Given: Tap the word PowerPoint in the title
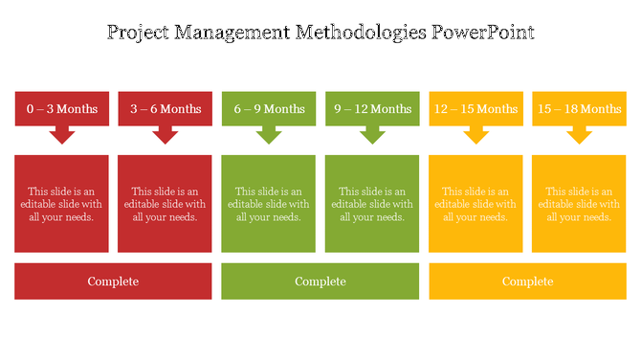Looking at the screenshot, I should tap(482, 31).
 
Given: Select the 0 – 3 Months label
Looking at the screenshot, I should tap(62, 108).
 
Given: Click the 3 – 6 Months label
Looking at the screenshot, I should tap(166, 108).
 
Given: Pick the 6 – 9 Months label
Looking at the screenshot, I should tap(269, 108).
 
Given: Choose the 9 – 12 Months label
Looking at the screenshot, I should tap(372, 108).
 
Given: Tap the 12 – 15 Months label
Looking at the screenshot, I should tap(475, 108).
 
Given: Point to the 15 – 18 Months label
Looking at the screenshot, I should tap(579, 108).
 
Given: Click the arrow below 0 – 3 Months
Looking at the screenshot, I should tap(62, 134).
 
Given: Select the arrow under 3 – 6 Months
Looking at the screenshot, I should tap(166, 134).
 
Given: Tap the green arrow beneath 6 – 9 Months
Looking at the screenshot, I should tap(269, 134).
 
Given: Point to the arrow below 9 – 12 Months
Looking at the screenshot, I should tap(372, 134).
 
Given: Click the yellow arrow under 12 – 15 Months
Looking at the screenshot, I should tap(475, 134).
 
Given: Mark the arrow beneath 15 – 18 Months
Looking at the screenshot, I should tap(579, 134).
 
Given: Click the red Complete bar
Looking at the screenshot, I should tap(113, 281).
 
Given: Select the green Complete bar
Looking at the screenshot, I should tap(320, 281).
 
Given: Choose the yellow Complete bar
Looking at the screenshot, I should tap(527, 281).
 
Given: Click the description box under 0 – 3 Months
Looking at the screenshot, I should tap(62, 204).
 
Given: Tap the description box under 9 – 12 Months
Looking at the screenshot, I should tap(372, 204).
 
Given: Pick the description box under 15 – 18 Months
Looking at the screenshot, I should tap(579, 204).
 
